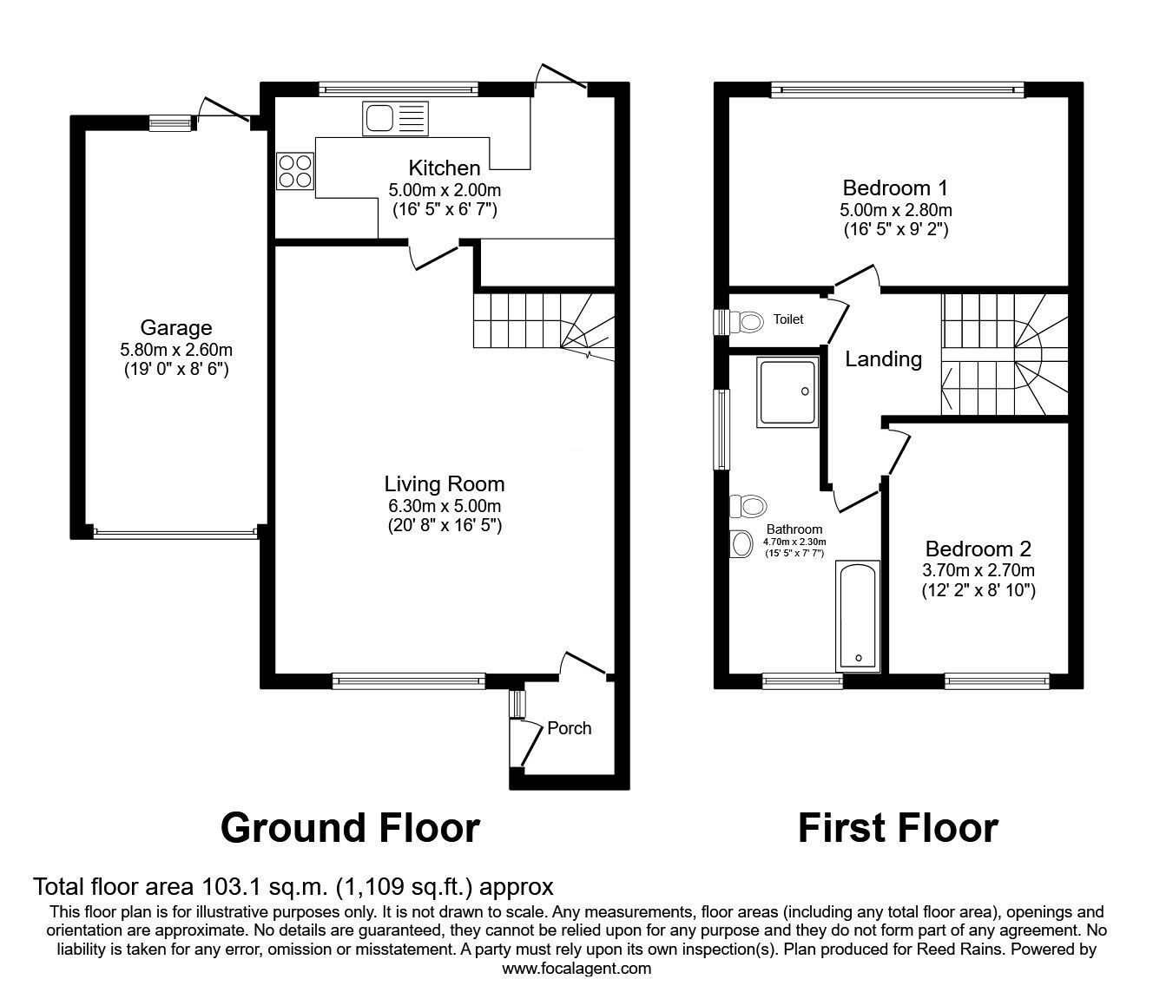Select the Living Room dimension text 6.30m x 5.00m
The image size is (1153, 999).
(x=444, y=506)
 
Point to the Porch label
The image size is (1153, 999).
(x=569, y=728)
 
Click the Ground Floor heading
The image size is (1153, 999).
(x=350, y=828)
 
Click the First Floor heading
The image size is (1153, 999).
(x=898, y=828)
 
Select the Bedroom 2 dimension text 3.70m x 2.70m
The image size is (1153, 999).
(x=978, y=570)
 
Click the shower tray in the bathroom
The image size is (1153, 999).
(x=788, y=392)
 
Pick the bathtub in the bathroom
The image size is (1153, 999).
(x=858, y=616)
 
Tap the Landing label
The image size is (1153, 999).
(x=884, y=358)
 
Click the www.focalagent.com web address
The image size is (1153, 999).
(x=576, y=969)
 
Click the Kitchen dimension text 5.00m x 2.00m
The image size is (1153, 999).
(x=445, y=189)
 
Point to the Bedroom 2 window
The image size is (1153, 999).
(x=997, y=681)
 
